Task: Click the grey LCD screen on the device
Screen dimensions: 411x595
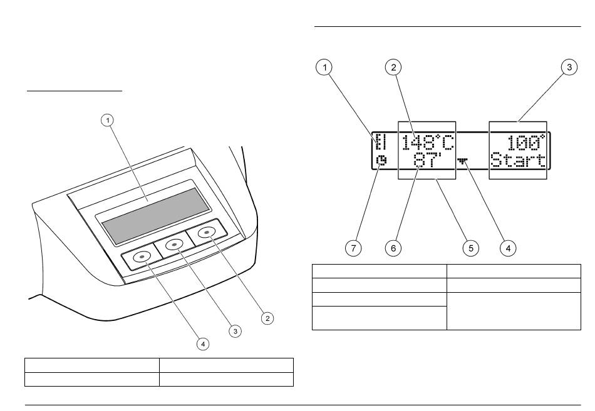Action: (x=155, y=216)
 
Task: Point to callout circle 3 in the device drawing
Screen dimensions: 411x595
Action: (x=235, y=331)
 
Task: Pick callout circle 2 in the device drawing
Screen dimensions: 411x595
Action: (x=267, y=318)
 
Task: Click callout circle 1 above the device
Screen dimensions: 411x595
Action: (x=108, y=119)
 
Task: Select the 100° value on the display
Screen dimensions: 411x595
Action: (x=526, y=142)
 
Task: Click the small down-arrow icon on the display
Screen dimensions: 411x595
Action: (x=463, y=161)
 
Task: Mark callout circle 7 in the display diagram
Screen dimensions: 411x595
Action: (x=354, y=248)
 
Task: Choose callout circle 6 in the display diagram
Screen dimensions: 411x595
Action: (x=393, y=248)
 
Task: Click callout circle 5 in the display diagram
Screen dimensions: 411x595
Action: (x=470, y=248)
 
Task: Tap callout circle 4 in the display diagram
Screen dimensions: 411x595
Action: (x=508, y=248)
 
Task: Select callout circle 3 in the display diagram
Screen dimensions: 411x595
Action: (x=568, y=68)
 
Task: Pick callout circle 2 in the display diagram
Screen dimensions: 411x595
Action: (x=393, y=68)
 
